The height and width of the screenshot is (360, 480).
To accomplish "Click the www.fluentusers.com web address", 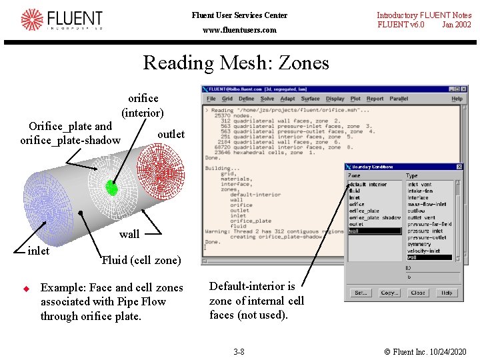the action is (239, 30).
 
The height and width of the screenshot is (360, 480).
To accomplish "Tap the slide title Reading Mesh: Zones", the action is (236, 63).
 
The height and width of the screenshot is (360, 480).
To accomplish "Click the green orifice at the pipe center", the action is (112, 189).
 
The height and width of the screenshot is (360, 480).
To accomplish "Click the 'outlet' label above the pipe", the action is (171, 134).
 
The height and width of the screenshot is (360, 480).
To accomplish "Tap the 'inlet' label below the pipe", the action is (39, 251).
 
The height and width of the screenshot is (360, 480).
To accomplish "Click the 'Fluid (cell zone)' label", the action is (141, 260).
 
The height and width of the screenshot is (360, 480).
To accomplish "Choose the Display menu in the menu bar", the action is (335, 99).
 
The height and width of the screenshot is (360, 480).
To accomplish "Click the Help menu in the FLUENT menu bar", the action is (457, 99).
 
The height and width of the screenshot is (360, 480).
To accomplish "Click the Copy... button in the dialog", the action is (389, 293).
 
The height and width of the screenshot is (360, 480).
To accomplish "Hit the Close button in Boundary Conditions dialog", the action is (419, 293).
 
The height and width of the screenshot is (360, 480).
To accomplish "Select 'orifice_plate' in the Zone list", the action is (365, 211).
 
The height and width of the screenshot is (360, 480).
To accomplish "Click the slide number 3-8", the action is (239, 351).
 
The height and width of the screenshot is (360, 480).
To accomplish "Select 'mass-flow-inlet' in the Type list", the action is (427, 204).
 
